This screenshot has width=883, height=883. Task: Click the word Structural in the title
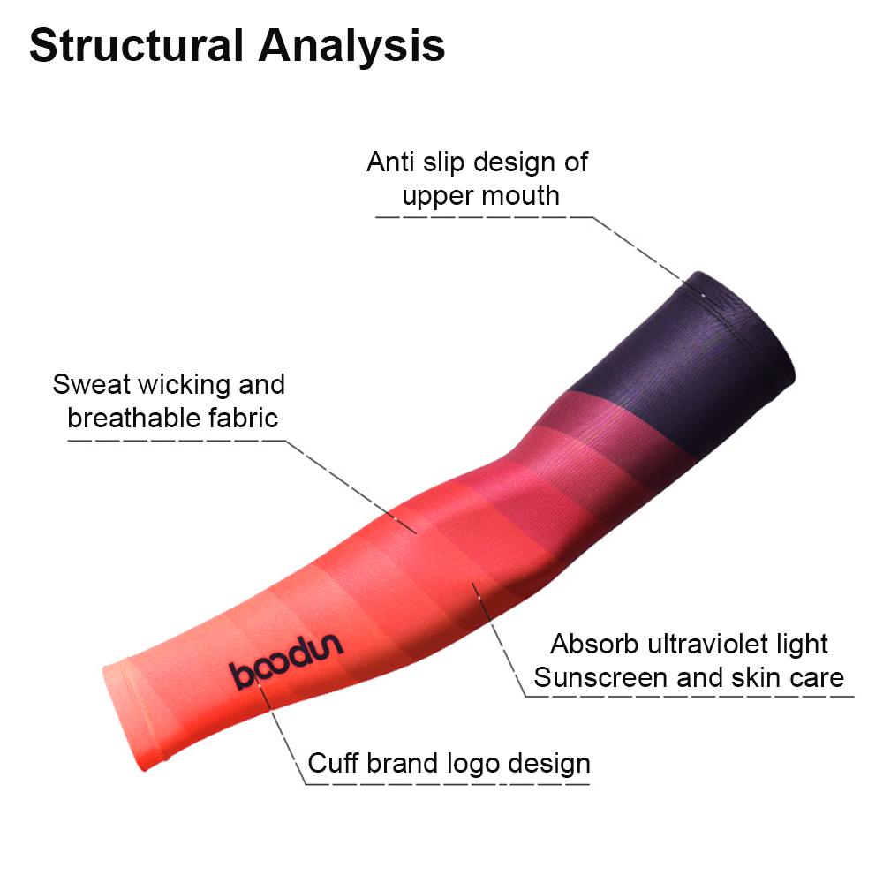tap(136, 46)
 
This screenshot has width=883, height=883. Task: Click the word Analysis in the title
tap(352, 46)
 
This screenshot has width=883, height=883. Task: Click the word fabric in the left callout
tap(244, 418)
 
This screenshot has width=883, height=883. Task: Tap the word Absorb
tap(595, 644)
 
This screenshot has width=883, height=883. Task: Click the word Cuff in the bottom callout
tap(333, 764)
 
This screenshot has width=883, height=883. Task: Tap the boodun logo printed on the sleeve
tap(286, 660)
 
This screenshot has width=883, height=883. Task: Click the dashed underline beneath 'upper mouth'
tap(484, 217)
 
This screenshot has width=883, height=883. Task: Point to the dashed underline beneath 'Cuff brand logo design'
tap(448, 784)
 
